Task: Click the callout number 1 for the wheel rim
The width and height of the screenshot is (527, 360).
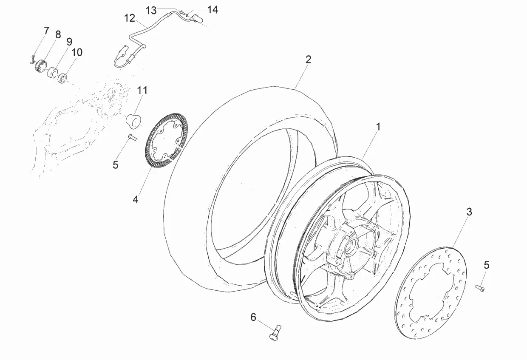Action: pyautogui.click(x=378, y=127)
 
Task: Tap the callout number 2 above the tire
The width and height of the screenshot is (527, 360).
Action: pyautogui.click(x=308, y=60)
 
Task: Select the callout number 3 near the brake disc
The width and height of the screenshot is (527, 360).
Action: pyautogui.click(x=469, y=212)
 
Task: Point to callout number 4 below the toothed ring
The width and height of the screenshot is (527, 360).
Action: pyautogui.click(x=136, y=199)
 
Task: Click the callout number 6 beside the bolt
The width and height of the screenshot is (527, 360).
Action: pyautogui.click(x=253, y=317)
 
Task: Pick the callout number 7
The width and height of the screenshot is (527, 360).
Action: pyautogui.click(x=47, y=31)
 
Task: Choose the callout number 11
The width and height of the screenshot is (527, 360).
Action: pyautogui.click(x=142, y=90)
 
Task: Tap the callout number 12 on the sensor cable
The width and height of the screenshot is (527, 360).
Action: pyautogui.click(x=130, y=18)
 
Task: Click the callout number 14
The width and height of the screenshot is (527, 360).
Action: pyautogui.click(x=212, y=10)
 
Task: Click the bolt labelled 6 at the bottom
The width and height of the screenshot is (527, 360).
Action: pyautogui.click(x=275, y=332)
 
